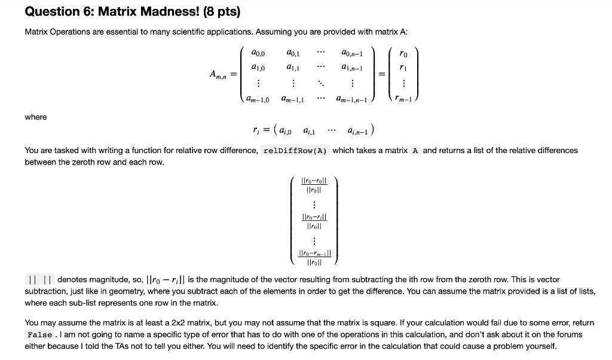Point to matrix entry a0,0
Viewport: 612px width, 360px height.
pos(259,53)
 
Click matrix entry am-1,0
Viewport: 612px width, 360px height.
pos(258,99)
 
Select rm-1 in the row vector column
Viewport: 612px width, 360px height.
pos(406,99)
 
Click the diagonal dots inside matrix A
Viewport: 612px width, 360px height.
pos(322,83)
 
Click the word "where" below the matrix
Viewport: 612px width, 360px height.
pos(36,117)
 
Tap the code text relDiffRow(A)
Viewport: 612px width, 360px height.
pos(296,151)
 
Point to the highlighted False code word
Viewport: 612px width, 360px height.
pos(40,335)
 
